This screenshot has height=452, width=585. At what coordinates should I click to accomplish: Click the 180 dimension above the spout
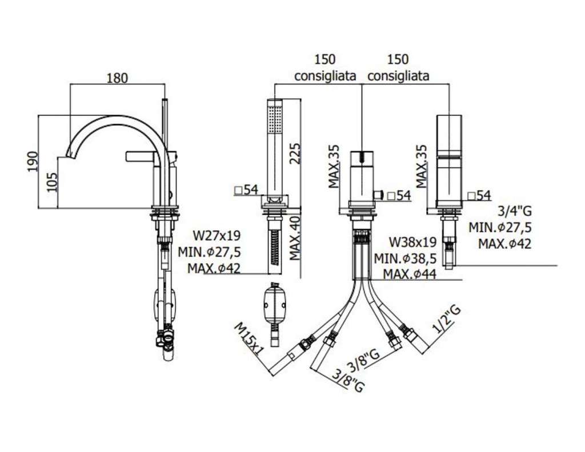pos(117,79)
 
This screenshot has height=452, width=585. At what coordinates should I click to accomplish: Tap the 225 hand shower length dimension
pos(295,152)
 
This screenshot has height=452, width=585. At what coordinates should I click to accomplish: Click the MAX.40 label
pos(295,238)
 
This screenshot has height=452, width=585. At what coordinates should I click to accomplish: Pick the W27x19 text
pos(216,235)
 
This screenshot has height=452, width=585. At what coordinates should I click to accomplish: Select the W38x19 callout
pos(412,241)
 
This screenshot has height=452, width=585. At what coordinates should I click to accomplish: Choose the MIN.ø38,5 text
pos(405,258)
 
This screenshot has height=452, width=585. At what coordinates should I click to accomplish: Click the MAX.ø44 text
pos(409,275)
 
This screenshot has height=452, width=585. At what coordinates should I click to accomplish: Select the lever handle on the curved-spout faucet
pos(141,155)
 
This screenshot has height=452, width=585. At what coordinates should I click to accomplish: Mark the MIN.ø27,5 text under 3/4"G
pos(500,228)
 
